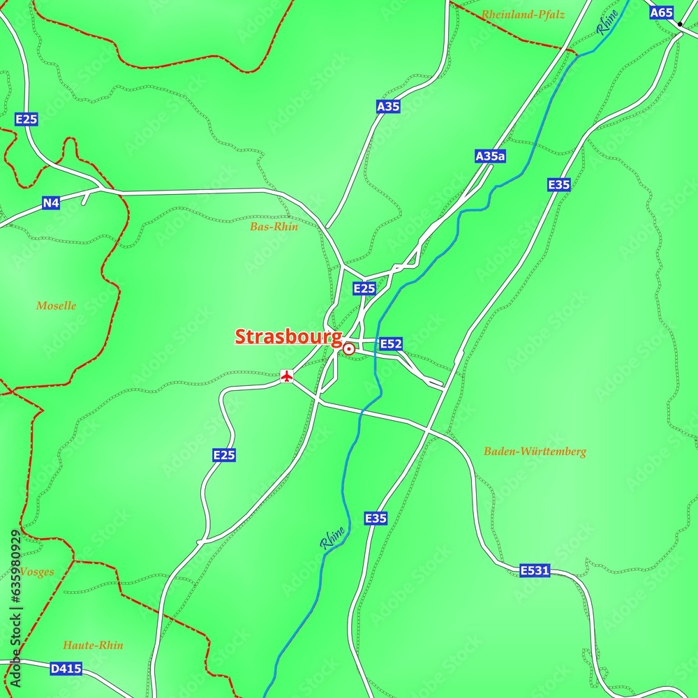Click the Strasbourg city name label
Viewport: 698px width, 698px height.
(288, 336)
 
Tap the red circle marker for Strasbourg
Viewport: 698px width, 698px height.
(348, 347)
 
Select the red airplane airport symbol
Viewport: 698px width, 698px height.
(286, 376)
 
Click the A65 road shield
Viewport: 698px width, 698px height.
(661, 13)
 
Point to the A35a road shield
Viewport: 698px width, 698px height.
(489, 156)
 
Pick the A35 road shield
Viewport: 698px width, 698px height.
(388, 107)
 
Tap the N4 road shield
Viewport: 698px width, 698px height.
(51, 203)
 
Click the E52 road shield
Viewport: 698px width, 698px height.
(391, 344)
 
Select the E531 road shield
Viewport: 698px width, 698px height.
(535, 571)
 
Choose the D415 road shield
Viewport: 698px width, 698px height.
(66, 669)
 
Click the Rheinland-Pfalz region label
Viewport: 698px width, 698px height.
(523, 14)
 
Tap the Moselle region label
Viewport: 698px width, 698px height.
(56, 306)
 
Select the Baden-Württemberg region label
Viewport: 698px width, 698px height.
(535, 452)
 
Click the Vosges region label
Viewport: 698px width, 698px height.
(36, 572)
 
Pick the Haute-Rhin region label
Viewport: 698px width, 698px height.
(93, 645)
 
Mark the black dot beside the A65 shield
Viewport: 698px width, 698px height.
(680, 24)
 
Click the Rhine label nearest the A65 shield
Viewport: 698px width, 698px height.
(607, 21)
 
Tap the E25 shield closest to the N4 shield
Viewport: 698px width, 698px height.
(27, 120)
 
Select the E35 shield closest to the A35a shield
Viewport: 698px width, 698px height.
(559, 184)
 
